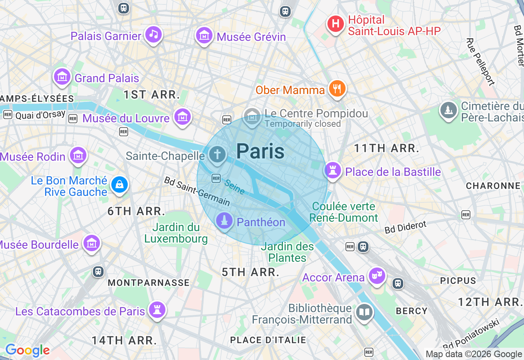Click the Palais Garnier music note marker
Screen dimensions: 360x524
tap(154, 34)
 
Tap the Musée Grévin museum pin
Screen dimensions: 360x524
tap(204, 36)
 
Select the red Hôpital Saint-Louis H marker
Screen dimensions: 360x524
tap(335, 24)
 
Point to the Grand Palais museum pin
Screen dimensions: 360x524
tap(62, 77)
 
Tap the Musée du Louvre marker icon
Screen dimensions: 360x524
tap(182, 117)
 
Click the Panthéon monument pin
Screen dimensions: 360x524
tap(224, 221)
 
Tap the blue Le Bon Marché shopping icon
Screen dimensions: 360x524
tap(119, 185)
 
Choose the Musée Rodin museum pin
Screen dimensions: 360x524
tap(78, 155)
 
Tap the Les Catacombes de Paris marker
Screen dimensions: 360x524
tap(157, 310)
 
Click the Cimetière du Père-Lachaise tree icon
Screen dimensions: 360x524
tap(449, 110)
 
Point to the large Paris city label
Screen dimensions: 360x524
tap(260, 151)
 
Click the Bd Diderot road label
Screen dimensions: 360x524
tap(406, 227)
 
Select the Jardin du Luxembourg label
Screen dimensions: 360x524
tap(176, 233)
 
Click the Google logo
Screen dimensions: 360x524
tap(27, 351)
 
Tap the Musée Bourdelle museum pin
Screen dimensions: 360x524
tap(92, 244)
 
